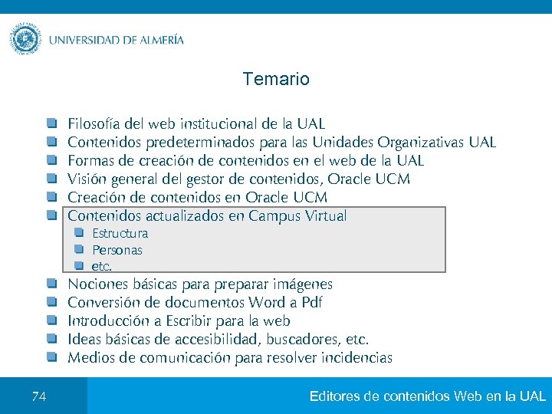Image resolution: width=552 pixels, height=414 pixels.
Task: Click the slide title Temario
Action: point(275,79)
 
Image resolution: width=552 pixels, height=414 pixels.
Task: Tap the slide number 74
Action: point(39,396)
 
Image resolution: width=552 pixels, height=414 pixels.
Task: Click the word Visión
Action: point(86,179)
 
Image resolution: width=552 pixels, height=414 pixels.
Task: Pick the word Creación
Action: point(95,198)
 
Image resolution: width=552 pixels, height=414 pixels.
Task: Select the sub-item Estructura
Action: point(120,233)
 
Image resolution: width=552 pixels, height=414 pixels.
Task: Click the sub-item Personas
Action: point(117,250)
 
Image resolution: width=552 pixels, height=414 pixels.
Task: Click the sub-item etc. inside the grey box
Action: point(101,267)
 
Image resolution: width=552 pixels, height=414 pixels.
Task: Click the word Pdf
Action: point(311,303)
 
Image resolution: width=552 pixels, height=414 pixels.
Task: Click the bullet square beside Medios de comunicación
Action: point(51,357)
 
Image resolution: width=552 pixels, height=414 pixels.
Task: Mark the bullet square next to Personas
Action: point(78,249)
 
